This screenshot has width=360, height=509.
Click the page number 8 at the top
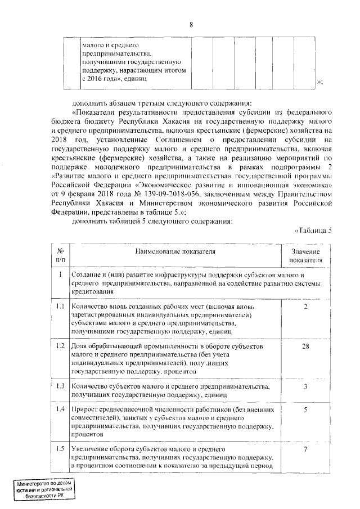point(191,25)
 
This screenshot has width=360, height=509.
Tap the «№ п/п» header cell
point(60,256)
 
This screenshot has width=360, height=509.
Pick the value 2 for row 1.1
point(305,307)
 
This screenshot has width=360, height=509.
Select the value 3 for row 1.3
point(305,387)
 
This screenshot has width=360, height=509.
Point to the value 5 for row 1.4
point(305,411)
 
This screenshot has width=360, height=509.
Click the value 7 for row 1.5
point(305,451)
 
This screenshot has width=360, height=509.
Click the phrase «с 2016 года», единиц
point(115,78)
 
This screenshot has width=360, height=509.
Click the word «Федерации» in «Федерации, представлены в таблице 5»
point(71,211)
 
